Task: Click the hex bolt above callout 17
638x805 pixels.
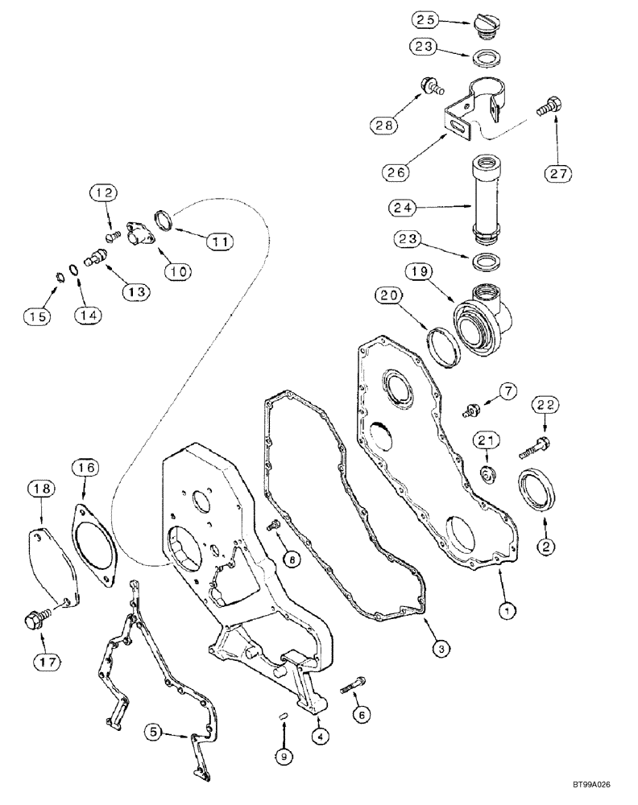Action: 37,621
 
